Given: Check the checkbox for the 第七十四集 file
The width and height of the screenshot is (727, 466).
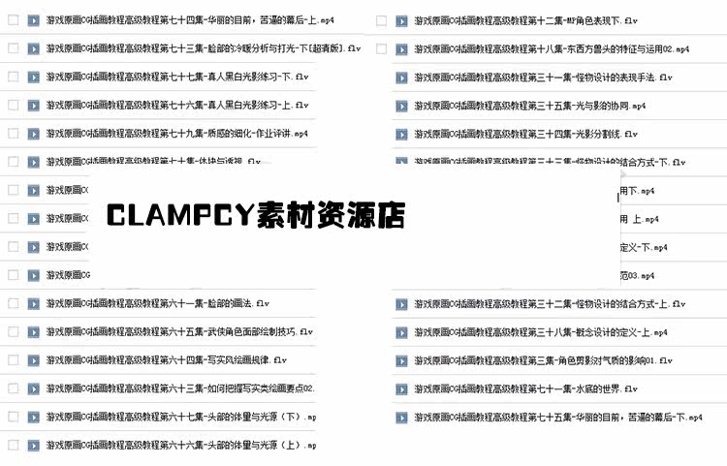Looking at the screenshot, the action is click(x=13, y=19).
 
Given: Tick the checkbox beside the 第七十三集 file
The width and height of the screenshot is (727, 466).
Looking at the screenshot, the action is click(x=13, y=47).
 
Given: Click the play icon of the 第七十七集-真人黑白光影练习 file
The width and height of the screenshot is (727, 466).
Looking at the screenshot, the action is click(x=33, y=76).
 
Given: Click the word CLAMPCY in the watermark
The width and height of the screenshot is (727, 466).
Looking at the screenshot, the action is click(x=179, y=215).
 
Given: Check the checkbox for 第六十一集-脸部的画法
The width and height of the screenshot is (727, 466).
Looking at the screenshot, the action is click(x=13, y=303).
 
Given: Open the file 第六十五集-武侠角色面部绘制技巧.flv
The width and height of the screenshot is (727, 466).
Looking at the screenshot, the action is click(x=179, y=331).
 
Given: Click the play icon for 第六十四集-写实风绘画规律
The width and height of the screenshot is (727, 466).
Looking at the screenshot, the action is click(x=33, y=359).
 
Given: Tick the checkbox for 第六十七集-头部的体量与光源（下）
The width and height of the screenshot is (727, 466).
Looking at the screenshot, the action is click(x=13, y=417).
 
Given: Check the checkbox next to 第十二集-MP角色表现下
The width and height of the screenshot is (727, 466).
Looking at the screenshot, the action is click(x=381, y=20).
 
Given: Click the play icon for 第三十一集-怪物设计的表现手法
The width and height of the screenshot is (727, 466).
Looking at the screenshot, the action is click(x=400, y=77).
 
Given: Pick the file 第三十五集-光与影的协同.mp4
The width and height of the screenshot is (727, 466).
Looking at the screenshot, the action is click(x=528, y=106).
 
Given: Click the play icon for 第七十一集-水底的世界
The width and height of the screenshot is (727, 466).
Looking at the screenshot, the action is click(x=400, y=389).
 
